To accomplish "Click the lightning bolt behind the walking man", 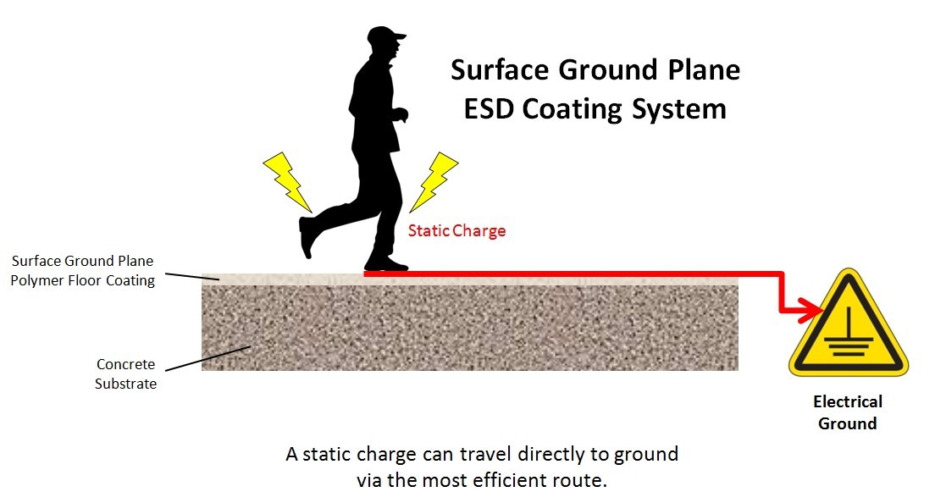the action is click(x=287, y=181).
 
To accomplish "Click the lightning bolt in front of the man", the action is click(x=434, y=181).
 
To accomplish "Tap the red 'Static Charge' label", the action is click(x=456, y=230).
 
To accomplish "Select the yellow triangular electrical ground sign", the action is click(x=848, y=328).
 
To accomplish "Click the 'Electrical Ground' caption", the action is click(x=847, y=412).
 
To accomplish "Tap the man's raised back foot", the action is click(x=307, y=236).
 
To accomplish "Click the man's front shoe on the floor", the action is click(x=386, y=264).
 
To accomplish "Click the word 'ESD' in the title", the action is click(x=489, y=109).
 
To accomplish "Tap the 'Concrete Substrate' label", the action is click(x=126, y=373).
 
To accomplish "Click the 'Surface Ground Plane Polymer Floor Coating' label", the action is click(x=83, y=271).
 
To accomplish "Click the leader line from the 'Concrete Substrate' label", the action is click(x=207, y=358).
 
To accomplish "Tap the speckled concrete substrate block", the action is click(x=470, y=327).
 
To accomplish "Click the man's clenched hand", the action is click(x=400, y=113).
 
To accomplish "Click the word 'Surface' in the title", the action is click(x=500, y=69).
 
